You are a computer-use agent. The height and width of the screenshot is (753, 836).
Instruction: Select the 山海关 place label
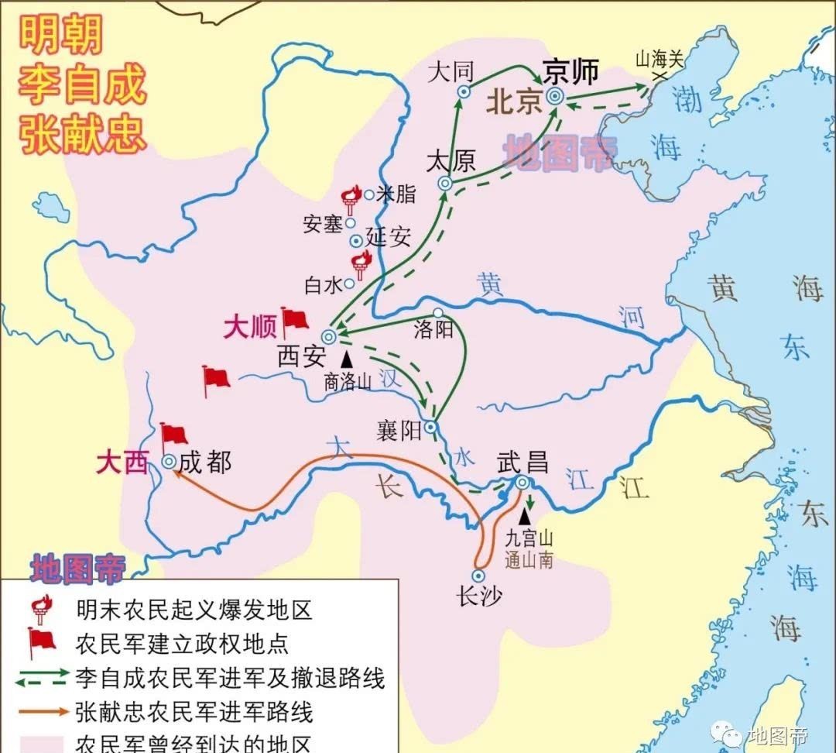coord(660,59)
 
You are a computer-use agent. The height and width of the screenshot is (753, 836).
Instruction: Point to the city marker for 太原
coord(445,184)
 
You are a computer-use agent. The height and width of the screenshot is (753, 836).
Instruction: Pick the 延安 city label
coord(389,238)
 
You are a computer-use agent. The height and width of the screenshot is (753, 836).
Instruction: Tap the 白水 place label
coord(323,285)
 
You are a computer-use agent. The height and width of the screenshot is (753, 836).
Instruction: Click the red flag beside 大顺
coord(294,319)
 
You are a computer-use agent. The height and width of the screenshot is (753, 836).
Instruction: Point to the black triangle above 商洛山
coord(346,358)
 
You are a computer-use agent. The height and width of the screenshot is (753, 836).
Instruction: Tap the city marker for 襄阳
coord(431,427)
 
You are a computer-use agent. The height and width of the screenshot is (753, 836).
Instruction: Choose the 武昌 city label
coord(522,462)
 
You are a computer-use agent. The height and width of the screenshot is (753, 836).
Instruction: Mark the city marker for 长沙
coord(478,576)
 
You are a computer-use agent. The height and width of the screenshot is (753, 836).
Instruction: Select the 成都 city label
coord(205,462)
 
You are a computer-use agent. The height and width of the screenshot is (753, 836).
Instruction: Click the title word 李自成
coord(82,85)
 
